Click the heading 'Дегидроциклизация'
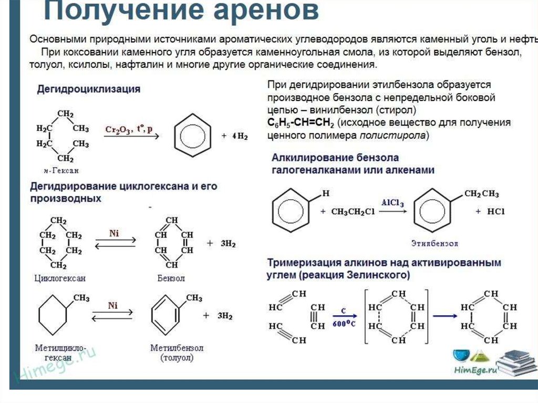pyautogui.click(x=88, y=89)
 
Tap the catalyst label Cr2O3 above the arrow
pyautogui.click(x=118, y=130)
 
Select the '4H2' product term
pyautogui.click(x=240, y=136)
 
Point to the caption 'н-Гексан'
pyautogui.click(x=61, y=170)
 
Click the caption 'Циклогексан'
pyautogui.click(x=60, y=278)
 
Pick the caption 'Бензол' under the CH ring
pyautogui.click(x=171, y=278)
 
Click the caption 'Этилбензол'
pyautogui.click(x=434, y=243)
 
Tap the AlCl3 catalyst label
pyautogui.click(x=392, y=203)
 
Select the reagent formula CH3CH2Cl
pyautogui.click(x=353, y=212)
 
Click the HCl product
pyautogui.click(x=496, y=211)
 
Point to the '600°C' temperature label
pyautogui.click(x=344, y=324)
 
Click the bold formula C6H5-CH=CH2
pyautogui.click(x=301, y=122)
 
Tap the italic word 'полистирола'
pyautogui.click(x=392, y=136)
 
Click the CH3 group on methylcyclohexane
pyautogui.click(x=81, y=298)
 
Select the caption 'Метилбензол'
pyautogui.click(x=177, y=348)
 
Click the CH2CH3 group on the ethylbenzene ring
pyautogui.click(x=482, y=194)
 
